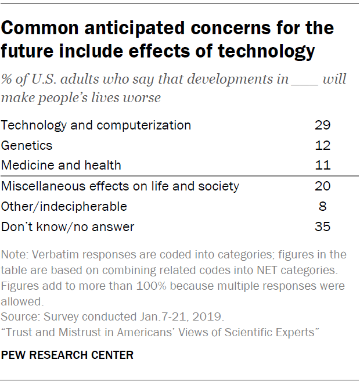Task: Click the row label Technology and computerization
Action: (96, 125)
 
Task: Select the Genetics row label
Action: (27, 145)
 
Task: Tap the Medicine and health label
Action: (61, 165)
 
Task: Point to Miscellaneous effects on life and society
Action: (120, 186)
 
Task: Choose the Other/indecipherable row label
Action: (64, 207)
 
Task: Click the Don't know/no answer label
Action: (67, 227)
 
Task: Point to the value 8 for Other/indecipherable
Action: (323, 207)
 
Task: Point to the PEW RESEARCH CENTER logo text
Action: (67, 355)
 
